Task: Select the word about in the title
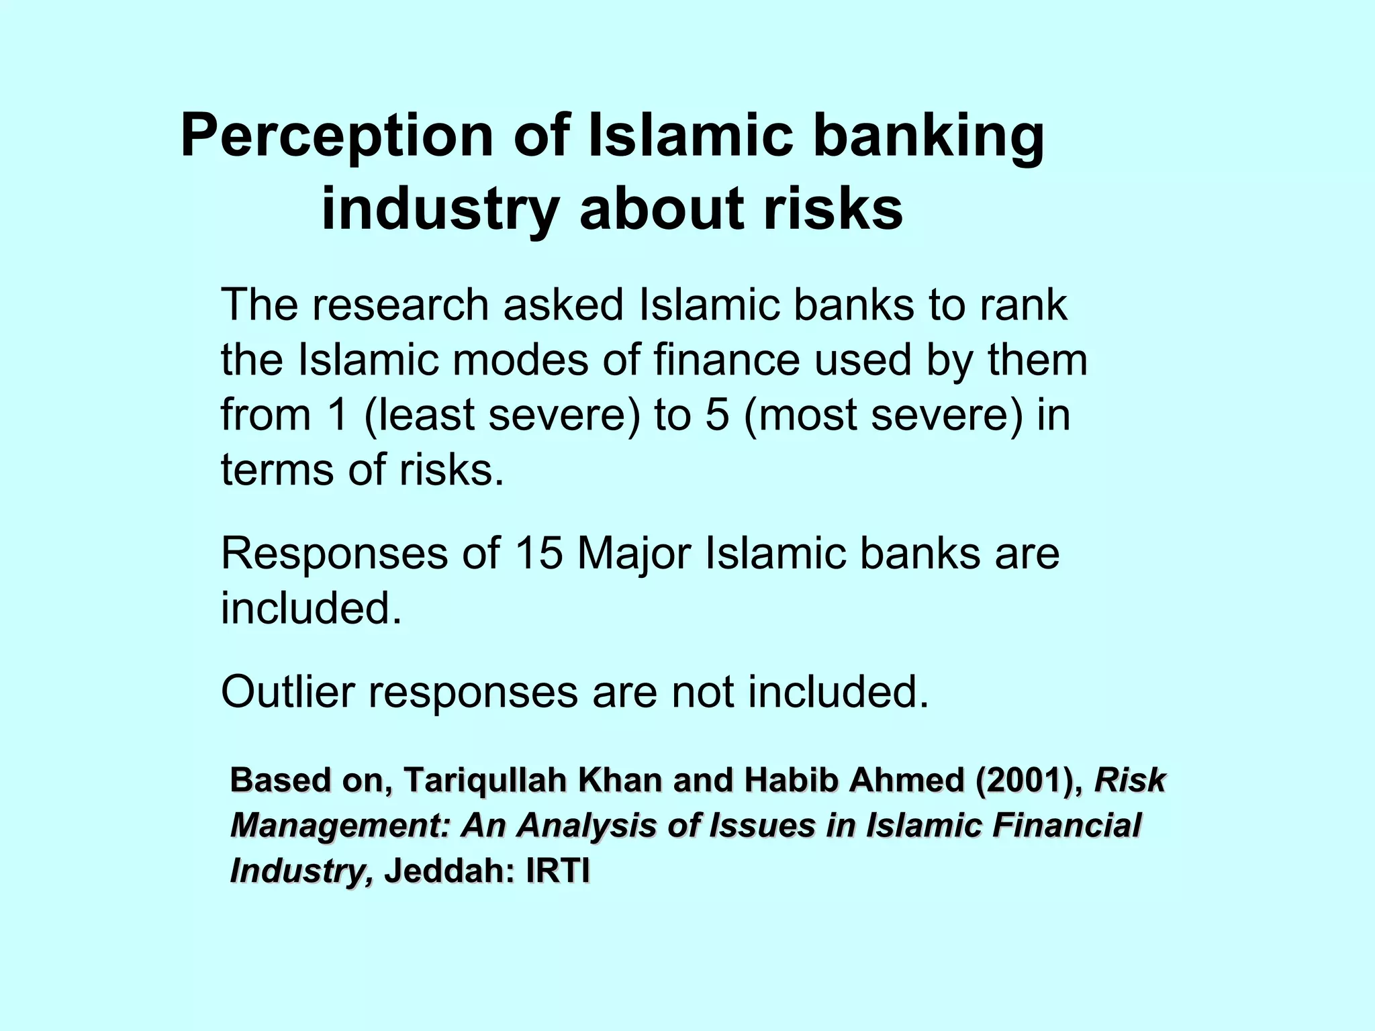point(661,209)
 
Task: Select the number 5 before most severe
point(717,414)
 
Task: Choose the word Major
point(634,555)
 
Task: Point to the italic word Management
point(339,826)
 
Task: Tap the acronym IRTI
point(558,871)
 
